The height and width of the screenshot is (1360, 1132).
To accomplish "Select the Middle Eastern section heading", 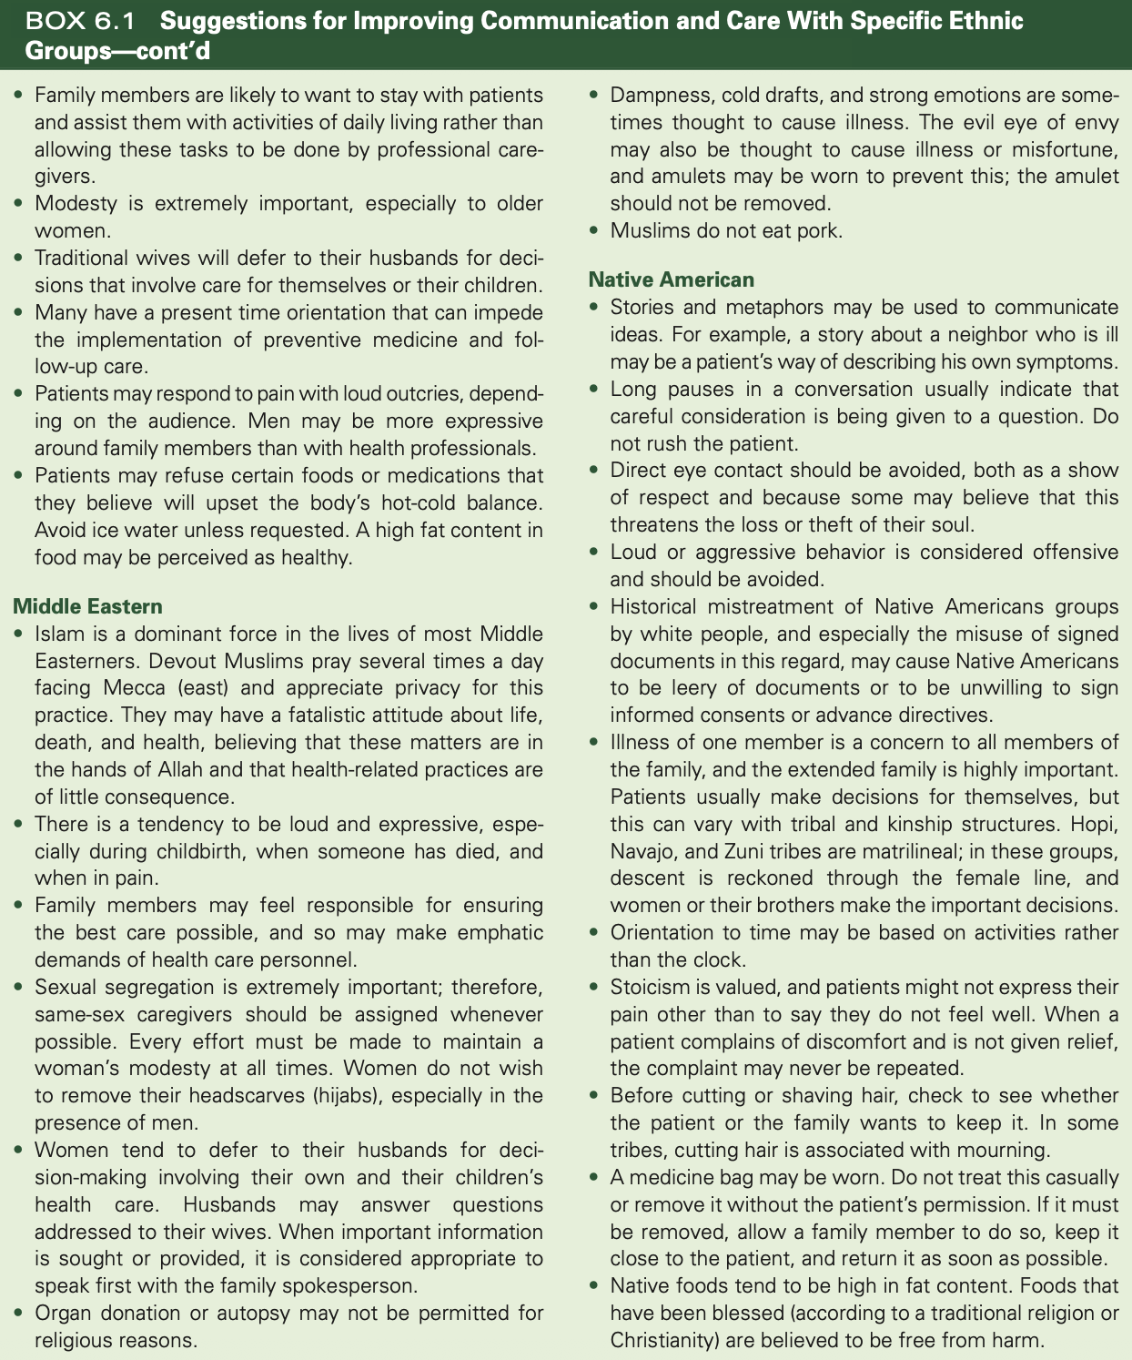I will click(x=87, y=606).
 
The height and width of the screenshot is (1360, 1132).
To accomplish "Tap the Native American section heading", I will click(x=671, y=279).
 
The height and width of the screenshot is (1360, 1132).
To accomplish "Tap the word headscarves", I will click(x=241, y=1096).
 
